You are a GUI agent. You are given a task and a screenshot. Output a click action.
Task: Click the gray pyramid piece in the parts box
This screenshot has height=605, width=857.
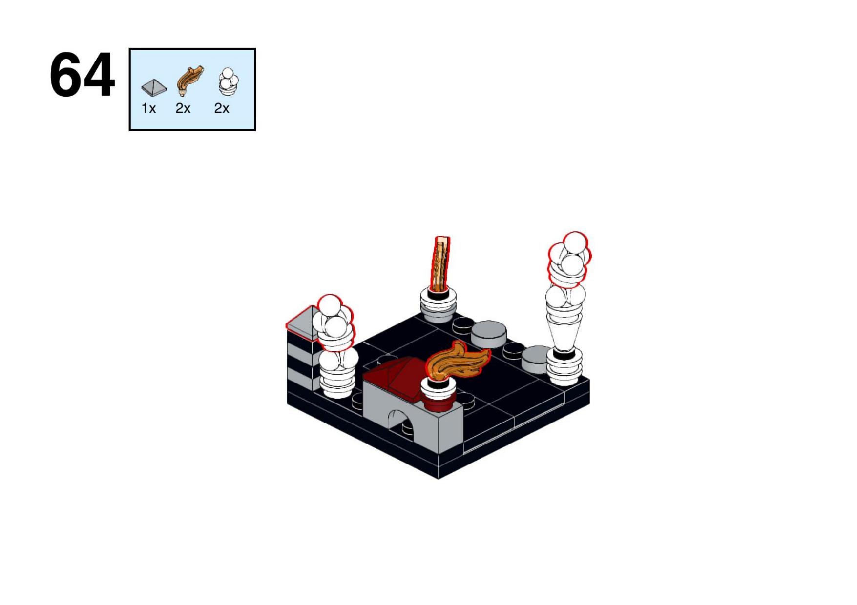pyautogui.click(x=154, y=87)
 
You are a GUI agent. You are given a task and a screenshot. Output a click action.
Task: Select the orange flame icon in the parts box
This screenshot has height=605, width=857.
pyautogui.click(x=189, y=80)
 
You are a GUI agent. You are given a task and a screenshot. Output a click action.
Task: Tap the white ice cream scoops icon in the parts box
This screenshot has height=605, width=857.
pyautogui.click(x=228, y=81)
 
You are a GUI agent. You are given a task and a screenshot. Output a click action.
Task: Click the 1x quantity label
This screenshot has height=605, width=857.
pyautogui.click(x=148, y=108)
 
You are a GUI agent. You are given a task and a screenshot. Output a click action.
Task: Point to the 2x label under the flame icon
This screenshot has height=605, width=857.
pyautogui.click(x=183, y=108)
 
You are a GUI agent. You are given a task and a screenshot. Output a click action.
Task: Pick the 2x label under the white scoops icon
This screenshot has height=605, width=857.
pyautogui.click(x=222, y=108)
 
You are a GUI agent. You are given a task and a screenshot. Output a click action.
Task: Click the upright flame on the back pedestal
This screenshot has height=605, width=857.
pyautogui.click(x=440, y=263)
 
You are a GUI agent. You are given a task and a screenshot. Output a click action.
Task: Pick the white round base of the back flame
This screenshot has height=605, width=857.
pyautogui.click(x=439, y=305)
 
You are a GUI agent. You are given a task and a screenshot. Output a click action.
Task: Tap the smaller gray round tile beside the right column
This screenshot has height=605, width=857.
pyautogui.click(x=536, y=360)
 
